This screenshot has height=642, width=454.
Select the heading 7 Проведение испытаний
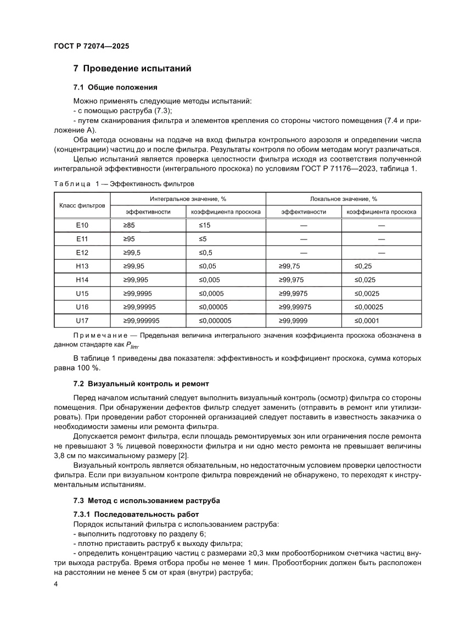coord(132,69)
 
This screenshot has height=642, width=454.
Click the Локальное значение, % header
coord(344,199)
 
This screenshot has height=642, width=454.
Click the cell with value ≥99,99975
coord(300,307)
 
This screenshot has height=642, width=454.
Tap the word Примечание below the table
coord(96,335)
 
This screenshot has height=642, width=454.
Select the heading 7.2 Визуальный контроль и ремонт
coord(141,383)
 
